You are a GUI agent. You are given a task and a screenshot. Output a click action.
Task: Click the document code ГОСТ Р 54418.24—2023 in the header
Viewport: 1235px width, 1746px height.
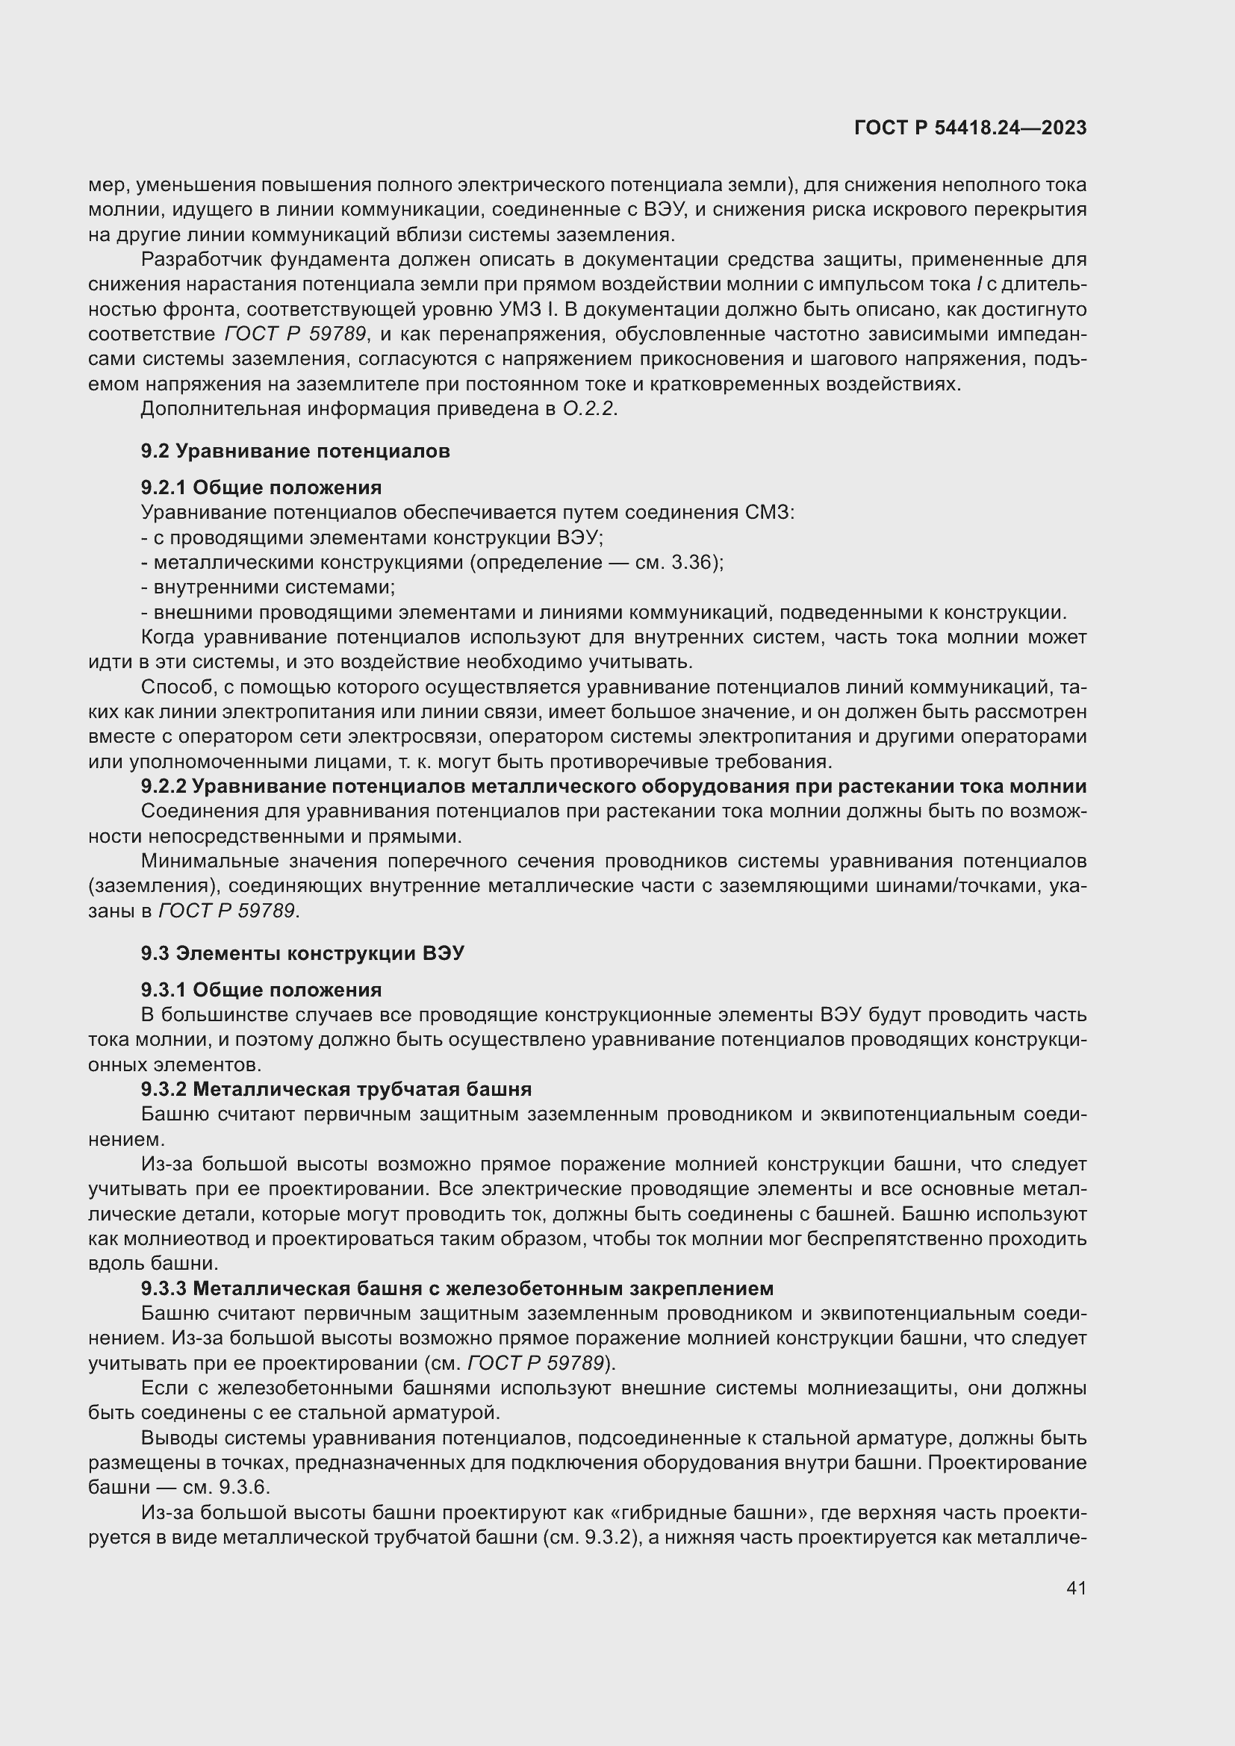970,128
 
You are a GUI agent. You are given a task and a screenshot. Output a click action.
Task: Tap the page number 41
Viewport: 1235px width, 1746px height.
1076,1588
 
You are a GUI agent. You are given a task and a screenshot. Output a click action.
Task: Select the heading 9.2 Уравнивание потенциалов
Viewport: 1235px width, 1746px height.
295,451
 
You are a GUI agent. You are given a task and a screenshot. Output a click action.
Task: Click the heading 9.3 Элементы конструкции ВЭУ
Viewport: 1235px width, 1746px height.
302,953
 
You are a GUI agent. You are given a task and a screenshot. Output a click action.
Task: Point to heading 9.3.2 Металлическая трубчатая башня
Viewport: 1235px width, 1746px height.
336,1089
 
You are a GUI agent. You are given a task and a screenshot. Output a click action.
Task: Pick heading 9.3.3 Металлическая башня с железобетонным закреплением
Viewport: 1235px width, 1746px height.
457,1288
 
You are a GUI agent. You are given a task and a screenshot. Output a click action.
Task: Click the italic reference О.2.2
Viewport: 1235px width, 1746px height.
589,409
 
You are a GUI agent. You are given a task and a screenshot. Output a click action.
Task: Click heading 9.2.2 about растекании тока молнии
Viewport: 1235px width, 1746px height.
613,786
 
